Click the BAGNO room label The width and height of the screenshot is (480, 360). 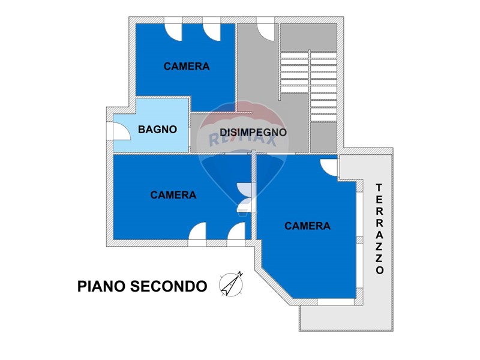(x=157, y=129)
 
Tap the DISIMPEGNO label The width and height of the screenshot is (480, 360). (x=253, y=132)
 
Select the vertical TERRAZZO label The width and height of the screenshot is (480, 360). (x=379, y=229)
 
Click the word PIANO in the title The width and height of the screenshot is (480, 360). (x=101, y=286)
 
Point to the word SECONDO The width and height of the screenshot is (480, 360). (x=169, y=286)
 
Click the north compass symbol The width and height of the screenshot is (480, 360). (x=231, y=284)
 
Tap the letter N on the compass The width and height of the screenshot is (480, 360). (x=241, y=274)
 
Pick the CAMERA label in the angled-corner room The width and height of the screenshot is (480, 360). (x=307, y=226)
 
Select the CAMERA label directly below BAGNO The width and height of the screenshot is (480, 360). (x=173, y=194)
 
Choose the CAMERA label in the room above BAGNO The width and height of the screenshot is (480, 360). (x=187, y=66)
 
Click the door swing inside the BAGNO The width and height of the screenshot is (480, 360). (x=122, y=131)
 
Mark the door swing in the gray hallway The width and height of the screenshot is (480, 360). (x=266, y=32)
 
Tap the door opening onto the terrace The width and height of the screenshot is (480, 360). (x=329, y=167)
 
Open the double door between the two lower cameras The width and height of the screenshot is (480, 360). (x=245, y=197)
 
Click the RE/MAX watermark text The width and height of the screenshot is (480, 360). (x=242, y=140)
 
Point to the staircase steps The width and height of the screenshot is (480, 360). (x=309, y=86)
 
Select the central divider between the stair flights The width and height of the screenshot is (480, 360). (x=309, y=101)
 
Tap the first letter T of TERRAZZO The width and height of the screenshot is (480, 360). (x=379, y=187)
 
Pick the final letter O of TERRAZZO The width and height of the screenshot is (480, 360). (x=380, y=270)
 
